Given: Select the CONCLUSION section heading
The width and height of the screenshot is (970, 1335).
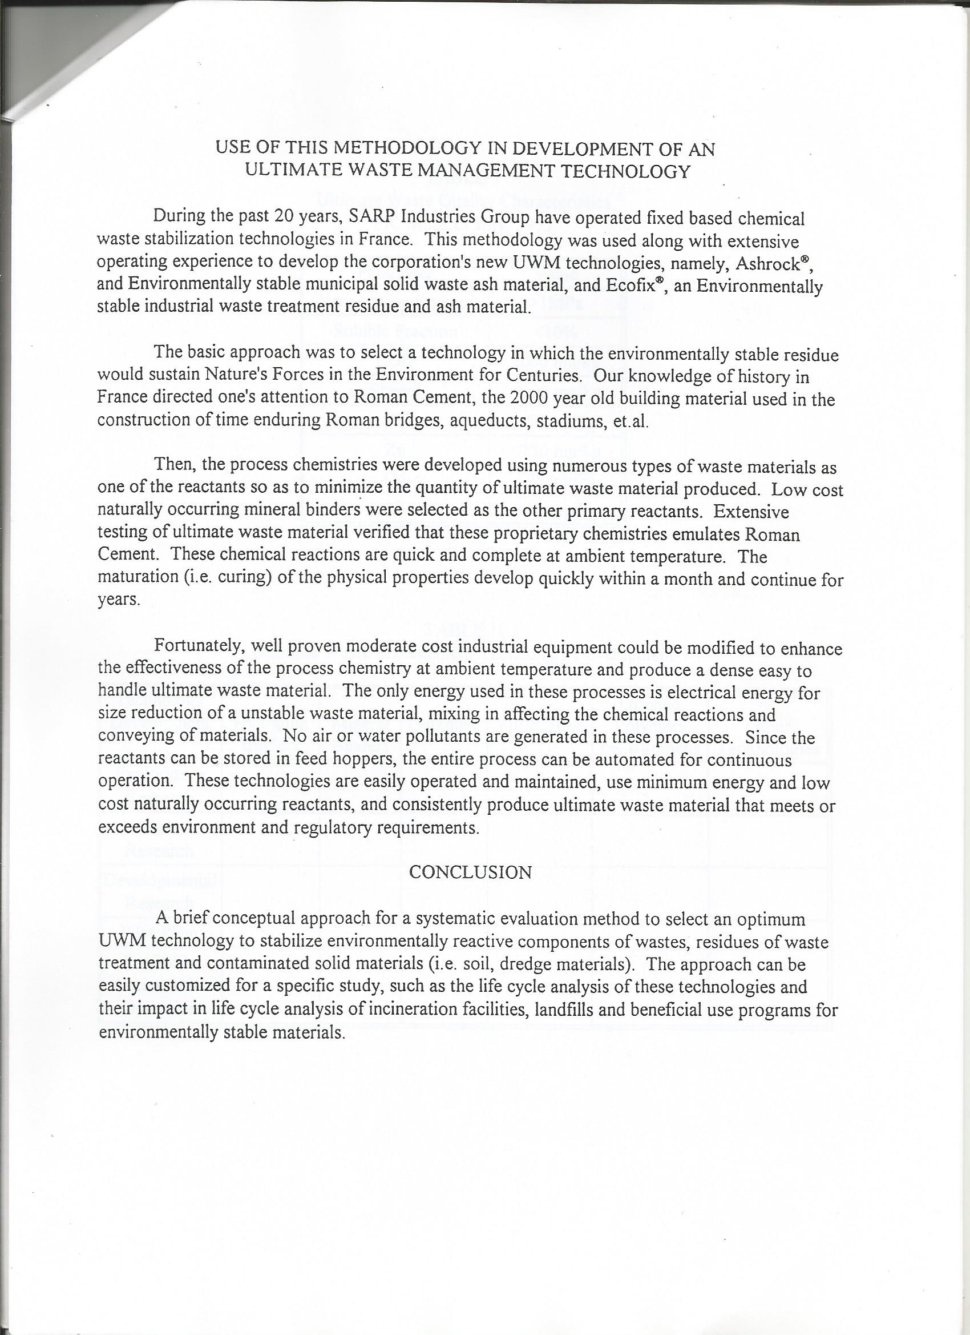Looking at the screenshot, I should pos(470,872).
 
